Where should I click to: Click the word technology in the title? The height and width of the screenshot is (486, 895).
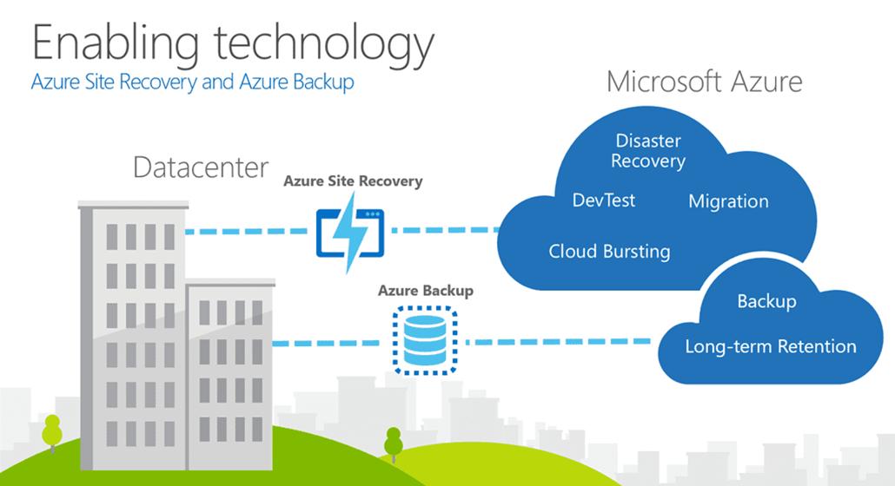324,46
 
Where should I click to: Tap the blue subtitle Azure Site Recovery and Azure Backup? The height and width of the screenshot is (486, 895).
192,82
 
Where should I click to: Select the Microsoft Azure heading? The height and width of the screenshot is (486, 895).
705,82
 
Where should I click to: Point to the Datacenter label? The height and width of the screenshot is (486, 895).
201,167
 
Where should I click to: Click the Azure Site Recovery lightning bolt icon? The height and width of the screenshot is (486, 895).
350,232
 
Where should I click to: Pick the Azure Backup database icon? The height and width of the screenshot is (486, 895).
425,341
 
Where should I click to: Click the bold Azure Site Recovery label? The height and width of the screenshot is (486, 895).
353,181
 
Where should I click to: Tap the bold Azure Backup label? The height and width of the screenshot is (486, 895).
425,291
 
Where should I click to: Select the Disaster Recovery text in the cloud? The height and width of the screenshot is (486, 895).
648,151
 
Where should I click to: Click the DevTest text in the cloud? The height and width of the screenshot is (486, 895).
603,200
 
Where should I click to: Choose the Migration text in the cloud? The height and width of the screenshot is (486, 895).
728,201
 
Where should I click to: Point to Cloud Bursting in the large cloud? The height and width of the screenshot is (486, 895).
609,252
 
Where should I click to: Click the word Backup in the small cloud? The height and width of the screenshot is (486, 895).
766,301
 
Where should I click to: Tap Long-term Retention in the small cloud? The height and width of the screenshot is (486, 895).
771,346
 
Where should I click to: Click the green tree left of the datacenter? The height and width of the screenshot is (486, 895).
52,431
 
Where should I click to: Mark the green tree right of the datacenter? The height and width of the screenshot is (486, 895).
394,443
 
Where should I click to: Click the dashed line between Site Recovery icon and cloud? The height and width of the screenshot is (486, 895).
445,230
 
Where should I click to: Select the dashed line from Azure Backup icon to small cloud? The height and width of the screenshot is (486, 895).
558,342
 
